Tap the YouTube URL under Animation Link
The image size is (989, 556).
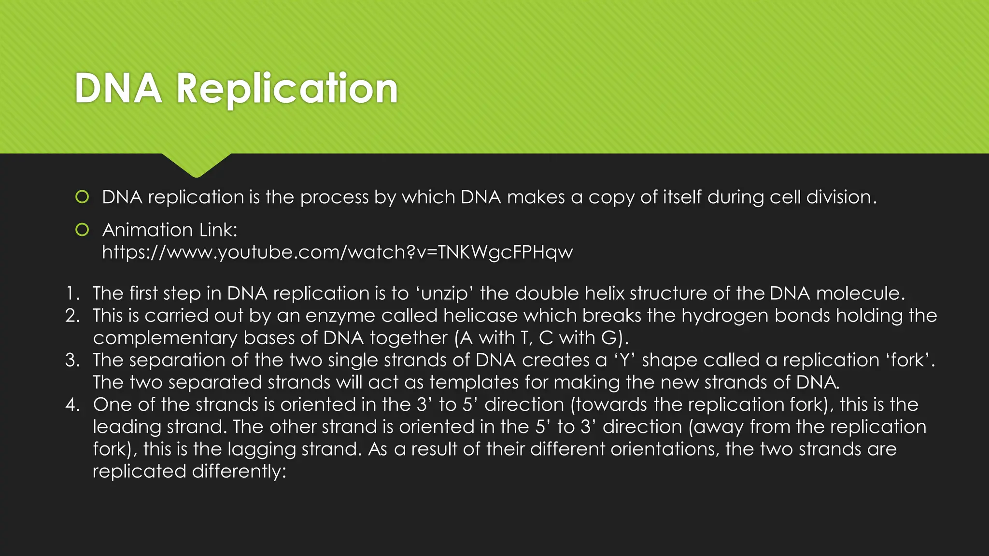coord(337,252)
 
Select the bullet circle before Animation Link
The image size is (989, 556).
coord(82,230)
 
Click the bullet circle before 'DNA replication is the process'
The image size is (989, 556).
coord(82,197)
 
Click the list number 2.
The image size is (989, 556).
coord(72,316)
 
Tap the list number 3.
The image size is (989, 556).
coord(72,360)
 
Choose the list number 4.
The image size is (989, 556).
coord(72,404)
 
